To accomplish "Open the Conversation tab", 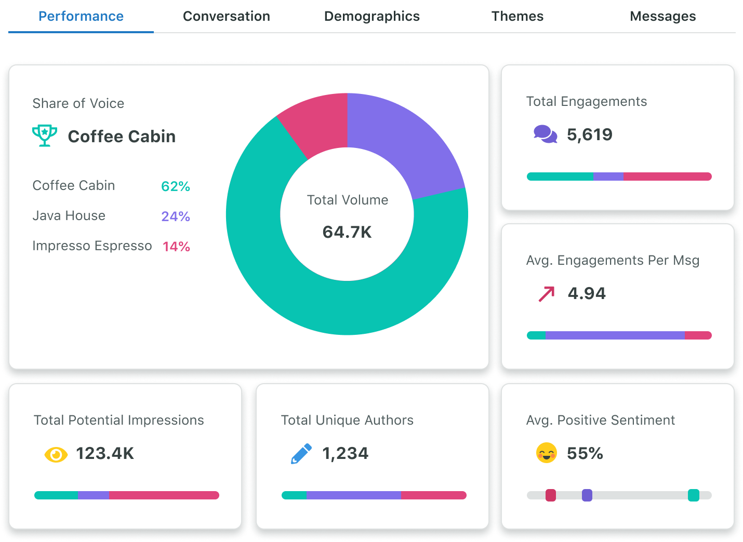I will [x=227, y=17].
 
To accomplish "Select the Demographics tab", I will [x=371, y=17].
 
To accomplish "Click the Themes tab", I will [x=518, y=17].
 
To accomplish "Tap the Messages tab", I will [x=662, y=17].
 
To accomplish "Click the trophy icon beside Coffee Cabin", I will [x=45, y=135].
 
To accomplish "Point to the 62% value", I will [x=176, y=186].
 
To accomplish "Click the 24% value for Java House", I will [x=176, y=216].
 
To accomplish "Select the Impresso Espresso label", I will [x=92, y=246].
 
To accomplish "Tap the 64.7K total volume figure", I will [x=347, y=232].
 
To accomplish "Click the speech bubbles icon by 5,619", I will [x=545, y=134].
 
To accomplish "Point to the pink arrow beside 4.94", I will [x=547, y=294].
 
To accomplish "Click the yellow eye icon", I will [x=56, y=455].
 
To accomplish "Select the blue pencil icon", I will [x=301, y=453].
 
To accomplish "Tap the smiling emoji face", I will [x=547, y=453].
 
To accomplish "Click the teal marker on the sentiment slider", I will [x=693, y=495].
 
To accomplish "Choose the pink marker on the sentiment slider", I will [x=551, y=495].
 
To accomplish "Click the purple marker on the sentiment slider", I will [x=587, y=495].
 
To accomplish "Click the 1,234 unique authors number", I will [x=345, y=454].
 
